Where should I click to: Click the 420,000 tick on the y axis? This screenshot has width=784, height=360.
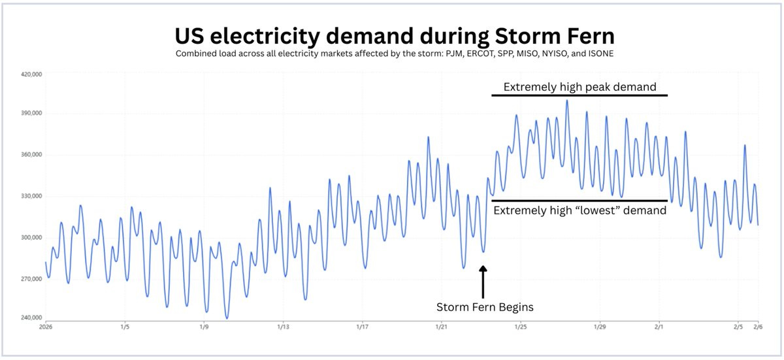click(31, 74)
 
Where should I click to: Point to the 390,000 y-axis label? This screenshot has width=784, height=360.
click(31, 113)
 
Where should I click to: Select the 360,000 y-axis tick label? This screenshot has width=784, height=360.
click(31, 155)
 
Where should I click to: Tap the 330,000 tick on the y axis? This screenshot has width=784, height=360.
click(31, 196)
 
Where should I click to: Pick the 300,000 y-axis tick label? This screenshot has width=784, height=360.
click(31, 238)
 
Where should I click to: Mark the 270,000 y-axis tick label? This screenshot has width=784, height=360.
click(31, 279)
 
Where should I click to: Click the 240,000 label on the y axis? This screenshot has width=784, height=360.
click(31, 318)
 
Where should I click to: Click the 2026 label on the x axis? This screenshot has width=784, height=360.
click(46, 326)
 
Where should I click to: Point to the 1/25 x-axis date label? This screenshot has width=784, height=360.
click(521, 326)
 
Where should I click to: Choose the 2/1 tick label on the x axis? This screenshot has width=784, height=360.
click(659, 326)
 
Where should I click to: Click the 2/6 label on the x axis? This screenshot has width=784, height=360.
click(757, 326)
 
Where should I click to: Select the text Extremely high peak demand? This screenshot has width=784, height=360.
click(580, 87)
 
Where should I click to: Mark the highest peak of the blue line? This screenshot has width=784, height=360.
click(566, 101)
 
